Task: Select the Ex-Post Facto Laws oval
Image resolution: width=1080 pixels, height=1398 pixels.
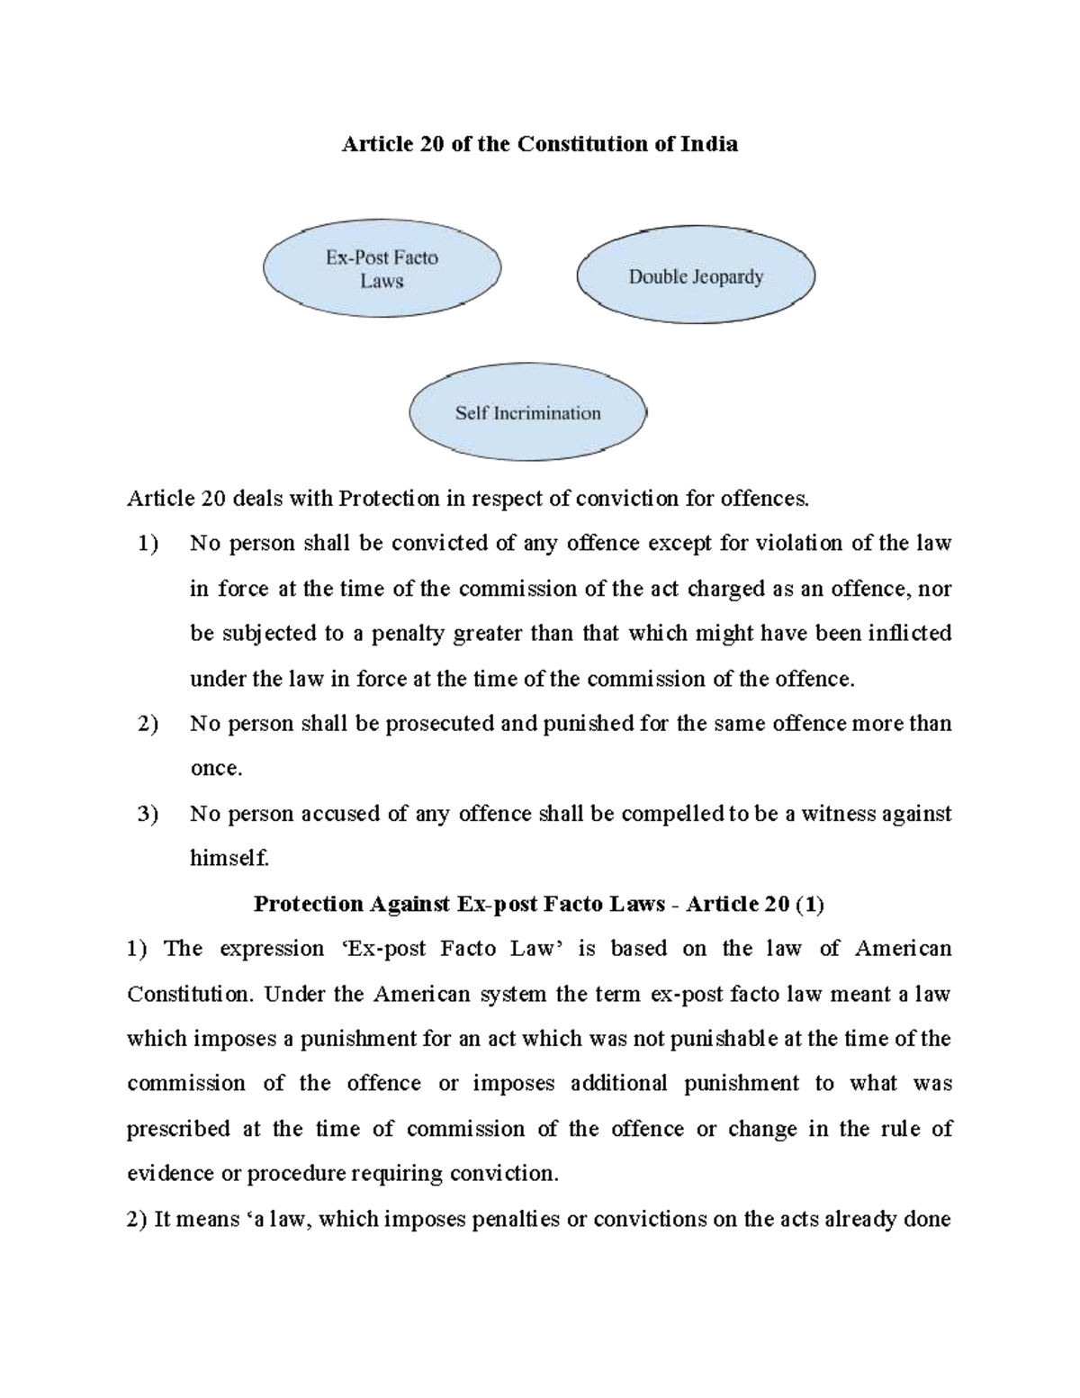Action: click(382, 269)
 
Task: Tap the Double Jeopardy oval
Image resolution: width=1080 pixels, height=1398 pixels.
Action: click(695, 276)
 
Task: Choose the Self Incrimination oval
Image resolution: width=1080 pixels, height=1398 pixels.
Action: click(527, 413)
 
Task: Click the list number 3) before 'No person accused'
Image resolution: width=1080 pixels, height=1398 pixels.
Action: click(148, 814)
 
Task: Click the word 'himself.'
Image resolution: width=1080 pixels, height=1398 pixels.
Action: click(229, 859)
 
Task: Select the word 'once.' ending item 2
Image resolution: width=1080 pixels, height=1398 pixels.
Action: click(216, 769)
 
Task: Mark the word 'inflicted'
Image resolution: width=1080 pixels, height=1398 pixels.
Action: click(909, 634)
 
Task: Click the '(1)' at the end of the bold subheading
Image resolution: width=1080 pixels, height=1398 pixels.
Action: click(809, 904)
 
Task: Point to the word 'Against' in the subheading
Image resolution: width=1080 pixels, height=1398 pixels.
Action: click(405, 904)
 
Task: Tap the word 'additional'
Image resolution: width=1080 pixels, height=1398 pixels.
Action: click(619, 1084)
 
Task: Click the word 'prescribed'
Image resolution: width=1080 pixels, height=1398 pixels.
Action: click(178, 1129)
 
